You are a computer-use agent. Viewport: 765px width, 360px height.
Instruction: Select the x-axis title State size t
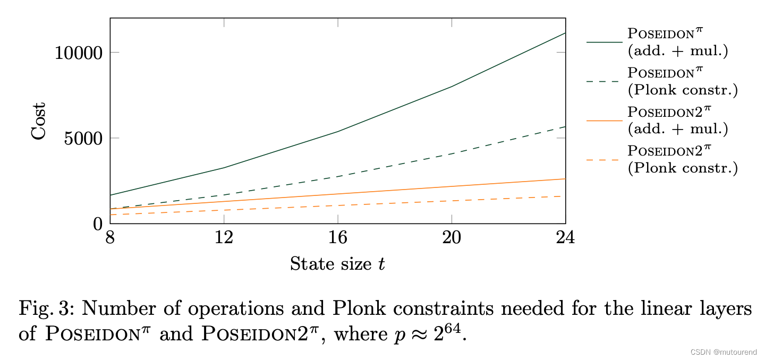[x=337, y=264]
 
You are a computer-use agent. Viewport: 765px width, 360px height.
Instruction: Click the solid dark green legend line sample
[x=604, y=42]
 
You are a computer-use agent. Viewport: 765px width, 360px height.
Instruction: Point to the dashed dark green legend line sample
[x=604, y=81]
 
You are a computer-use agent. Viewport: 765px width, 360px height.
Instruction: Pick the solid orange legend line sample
[x=604, y=121]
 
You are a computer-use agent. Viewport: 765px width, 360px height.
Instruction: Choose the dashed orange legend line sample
[x=604, y=160]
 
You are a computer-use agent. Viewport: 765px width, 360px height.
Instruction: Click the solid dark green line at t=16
[x=338, y=131]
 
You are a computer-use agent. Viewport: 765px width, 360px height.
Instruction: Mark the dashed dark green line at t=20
[x=452, y=153]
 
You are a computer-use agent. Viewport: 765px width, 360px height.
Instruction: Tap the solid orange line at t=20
[x=452, y=186]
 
